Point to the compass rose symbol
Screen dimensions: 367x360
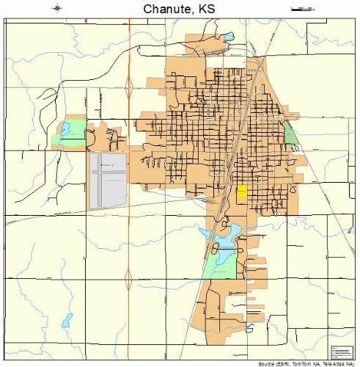pos(58,9)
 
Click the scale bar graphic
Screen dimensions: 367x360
pos(300,9)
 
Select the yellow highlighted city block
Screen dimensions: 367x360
pos(241,192)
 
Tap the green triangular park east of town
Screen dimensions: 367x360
pos(290,134)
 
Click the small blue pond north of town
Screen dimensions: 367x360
pos(228,36)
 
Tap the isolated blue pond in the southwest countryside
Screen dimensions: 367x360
pos(67,320)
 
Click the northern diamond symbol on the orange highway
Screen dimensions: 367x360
pos(129,87)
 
